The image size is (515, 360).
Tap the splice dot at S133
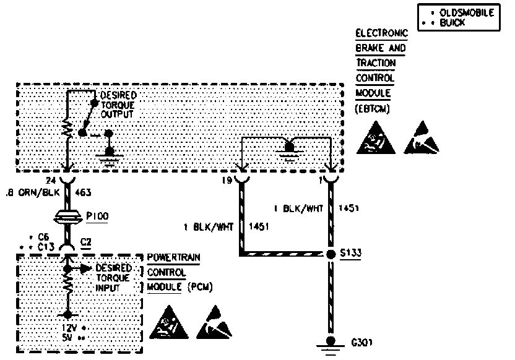point(331,254)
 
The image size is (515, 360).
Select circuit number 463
point(84,192)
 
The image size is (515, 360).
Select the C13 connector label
point(46,246)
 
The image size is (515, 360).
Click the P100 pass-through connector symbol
point(67,217)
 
